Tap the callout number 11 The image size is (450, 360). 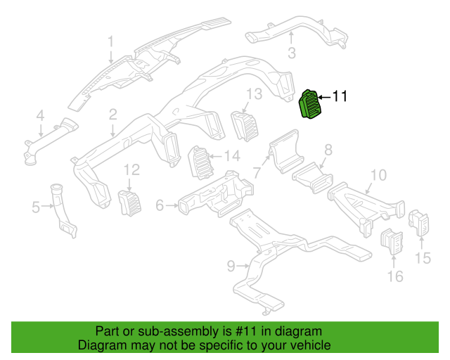pyautogui.click(x=340, y=97)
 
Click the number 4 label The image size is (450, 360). pyautogui.click(x=40, y=115)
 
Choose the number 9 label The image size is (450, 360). pyautogui.click(x=230, y=265)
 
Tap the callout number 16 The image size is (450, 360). pyautogui.click(x=396, y=276)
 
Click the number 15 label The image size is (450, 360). pyautogui.click(x=422, y=259)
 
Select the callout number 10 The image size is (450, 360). pyautogui.click(x=378, y=175)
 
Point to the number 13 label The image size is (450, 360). pyautogui.click(x=254, y=94)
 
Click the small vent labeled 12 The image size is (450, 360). pyautogui.click(x=129, y=202)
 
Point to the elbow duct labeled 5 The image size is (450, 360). pyautogui.click(x=65, y=211)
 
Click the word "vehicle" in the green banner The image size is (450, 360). pyautogui.click(x=307, y=346)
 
